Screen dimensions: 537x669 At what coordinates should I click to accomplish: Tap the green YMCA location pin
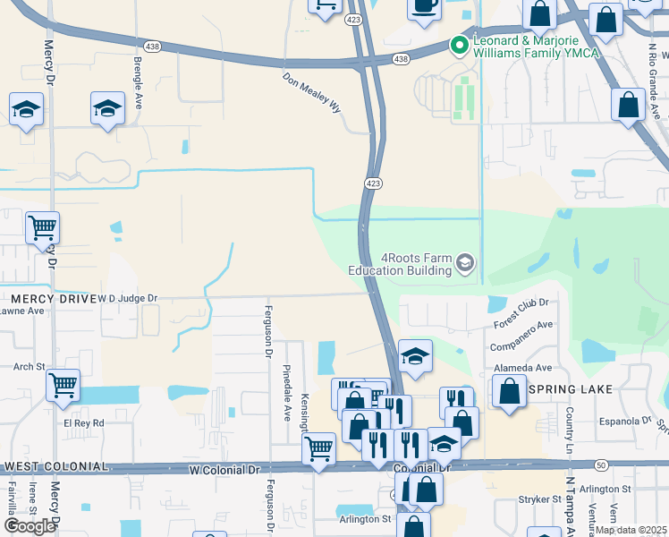pos(460,44)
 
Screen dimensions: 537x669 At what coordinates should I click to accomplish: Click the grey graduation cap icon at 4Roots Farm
pos(464,263)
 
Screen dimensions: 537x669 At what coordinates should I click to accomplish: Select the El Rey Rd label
pos(83,422)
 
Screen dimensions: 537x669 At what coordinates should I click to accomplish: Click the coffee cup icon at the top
pos(425,5)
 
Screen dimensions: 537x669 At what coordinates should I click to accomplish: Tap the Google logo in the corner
pos(30,526)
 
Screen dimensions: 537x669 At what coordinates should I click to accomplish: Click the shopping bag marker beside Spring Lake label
pos(509,390)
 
